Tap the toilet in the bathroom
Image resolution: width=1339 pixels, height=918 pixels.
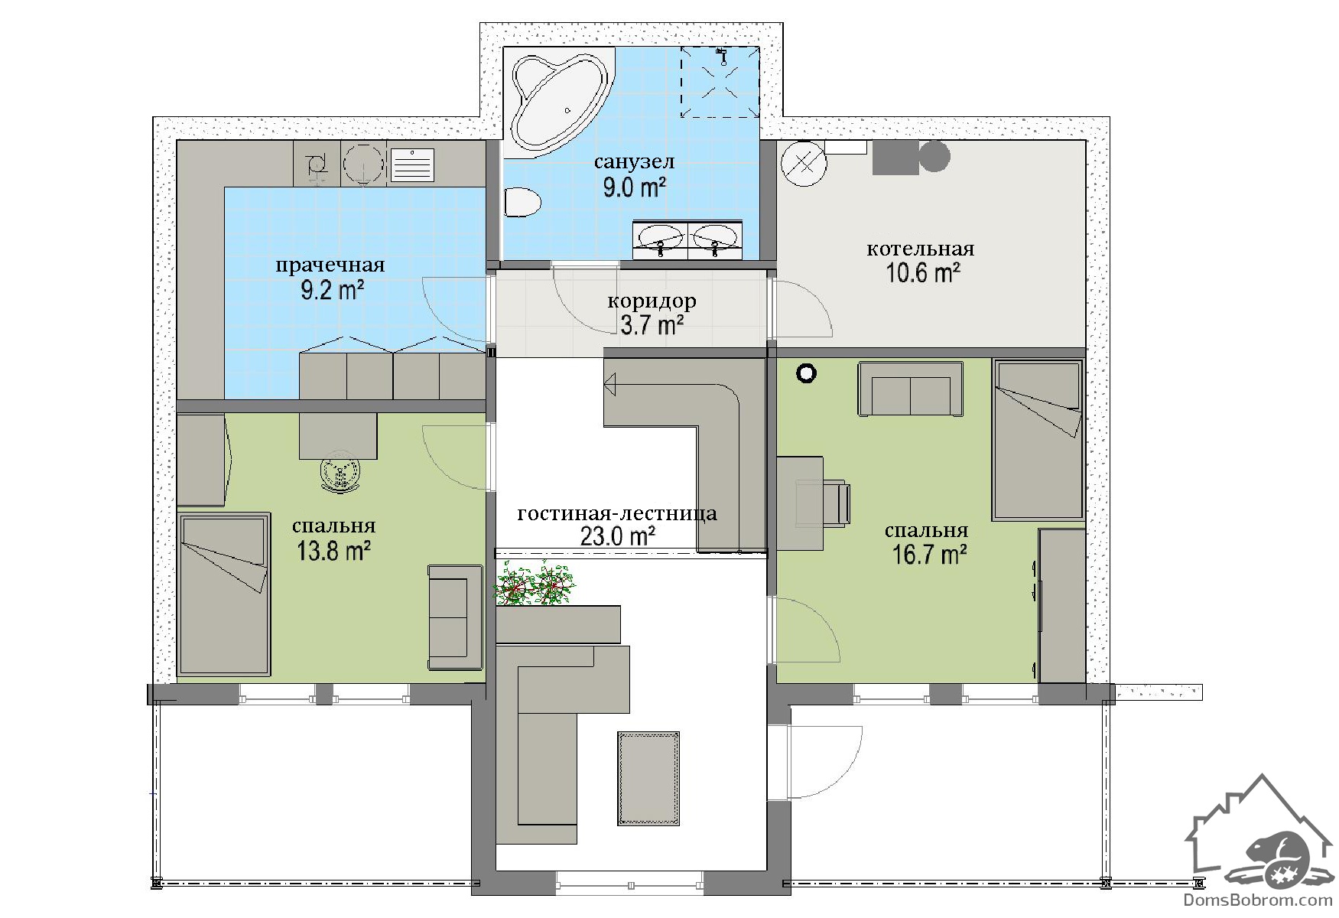tap(523, 203)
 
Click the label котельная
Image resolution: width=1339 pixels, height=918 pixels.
tap(920, 249)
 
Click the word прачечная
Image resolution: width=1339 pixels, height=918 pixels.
tap(330, 265)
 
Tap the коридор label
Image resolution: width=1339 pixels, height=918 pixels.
tap(652, 301)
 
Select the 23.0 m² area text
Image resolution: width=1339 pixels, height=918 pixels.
tap(618, 536)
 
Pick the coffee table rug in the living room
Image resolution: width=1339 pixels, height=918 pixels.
tap(648, 778)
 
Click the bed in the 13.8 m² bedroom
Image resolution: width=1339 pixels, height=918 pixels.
tap(224, 594)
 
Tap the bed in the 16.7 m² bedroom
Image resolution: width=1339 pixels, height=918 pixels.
tap(1038, 439)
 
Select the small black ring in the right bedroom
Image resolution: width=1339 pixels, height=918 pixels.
tap(806, 373)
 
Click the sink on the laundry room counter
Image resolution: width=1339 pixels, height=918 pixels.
tap(412, 164)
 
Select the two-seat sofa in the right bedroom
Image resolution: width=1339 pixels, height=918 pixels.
tap(910, 389)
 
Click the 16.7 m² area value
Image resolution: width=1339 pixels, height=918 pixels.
tap(930, 554)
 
